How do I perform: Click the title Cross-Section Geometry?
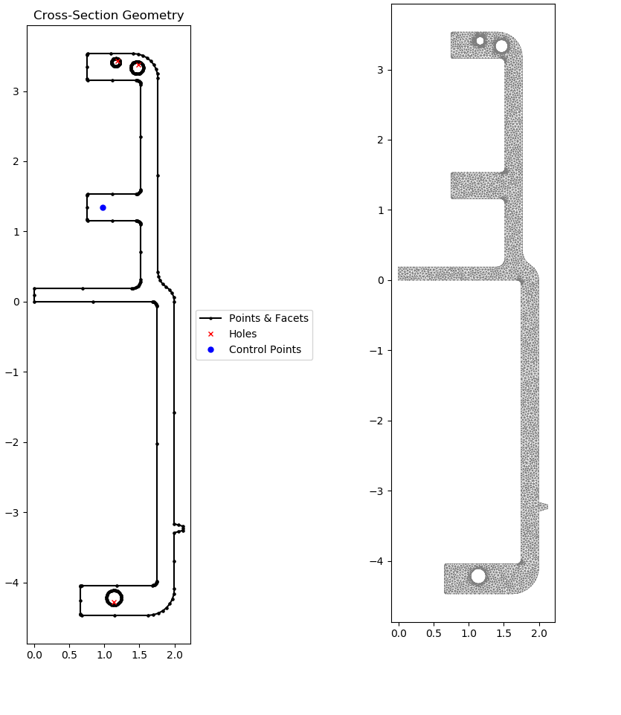pos(109,16)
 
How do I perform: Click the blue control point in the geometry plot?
pos(103,207)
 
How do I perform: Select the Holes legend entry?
pos(242,334)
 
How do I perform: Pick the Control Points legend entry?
pos(265,350)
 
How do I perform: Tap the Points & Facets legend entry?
pos(268,319)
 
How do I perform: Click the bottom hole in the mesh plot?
pos(478,576)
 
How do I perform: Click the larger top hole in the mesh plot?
pos(501,46)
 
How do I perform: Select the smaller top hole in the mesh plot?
pos(480,41)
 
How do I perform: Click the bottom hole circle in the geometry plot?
pos(114,598)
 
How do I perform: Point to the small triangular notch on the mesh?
pos(543,507)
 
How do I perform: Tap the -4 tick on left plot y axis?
pos(16,583)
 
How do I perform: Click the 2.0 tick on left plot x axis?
pos(174,656)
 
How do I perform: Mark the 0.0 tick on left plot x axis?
pos(34,656)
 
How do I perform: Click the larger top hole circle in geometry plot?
pos(137,68)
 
